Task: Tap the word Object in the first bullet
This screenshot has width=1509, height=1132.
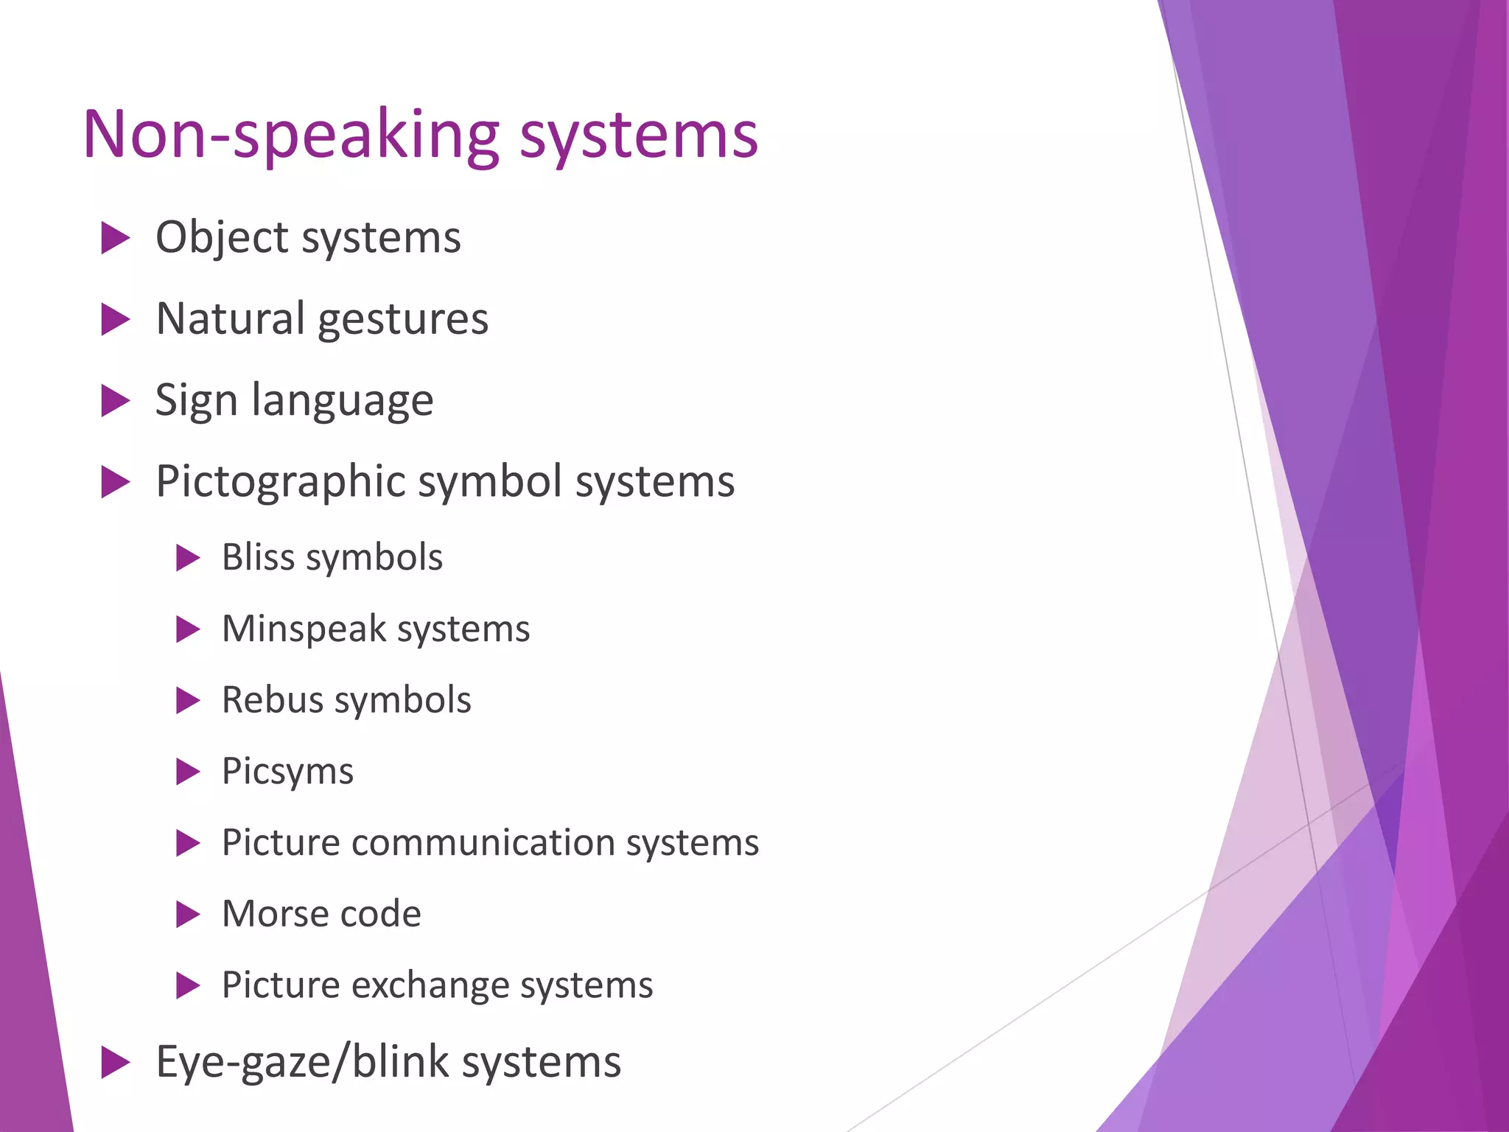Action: coord(222,238)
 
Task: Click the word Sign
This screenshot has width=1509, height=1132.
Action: coord(196,401)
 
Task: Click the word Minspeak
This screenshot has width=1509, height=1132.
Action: coord(304,629)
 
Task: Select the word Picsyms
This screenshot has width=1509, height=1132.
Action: coord(287,772)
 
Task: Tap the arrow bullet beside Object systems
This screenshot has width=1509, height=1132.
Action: coord(115,239)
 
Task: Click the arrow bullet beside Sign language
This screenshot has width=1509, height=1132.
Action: coord(115,401)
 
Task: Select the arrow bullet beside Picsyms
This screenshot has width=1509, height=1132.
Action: coord(188,772)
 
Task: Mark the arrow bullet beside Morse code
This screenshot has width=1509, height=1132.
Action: coord(188,915)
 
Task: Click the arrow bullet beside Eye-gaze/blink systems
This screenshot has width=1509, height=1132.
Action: coord(115,1063)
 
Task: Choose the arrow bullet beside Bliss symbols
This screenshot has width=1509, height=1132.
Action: coord(188,558)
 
